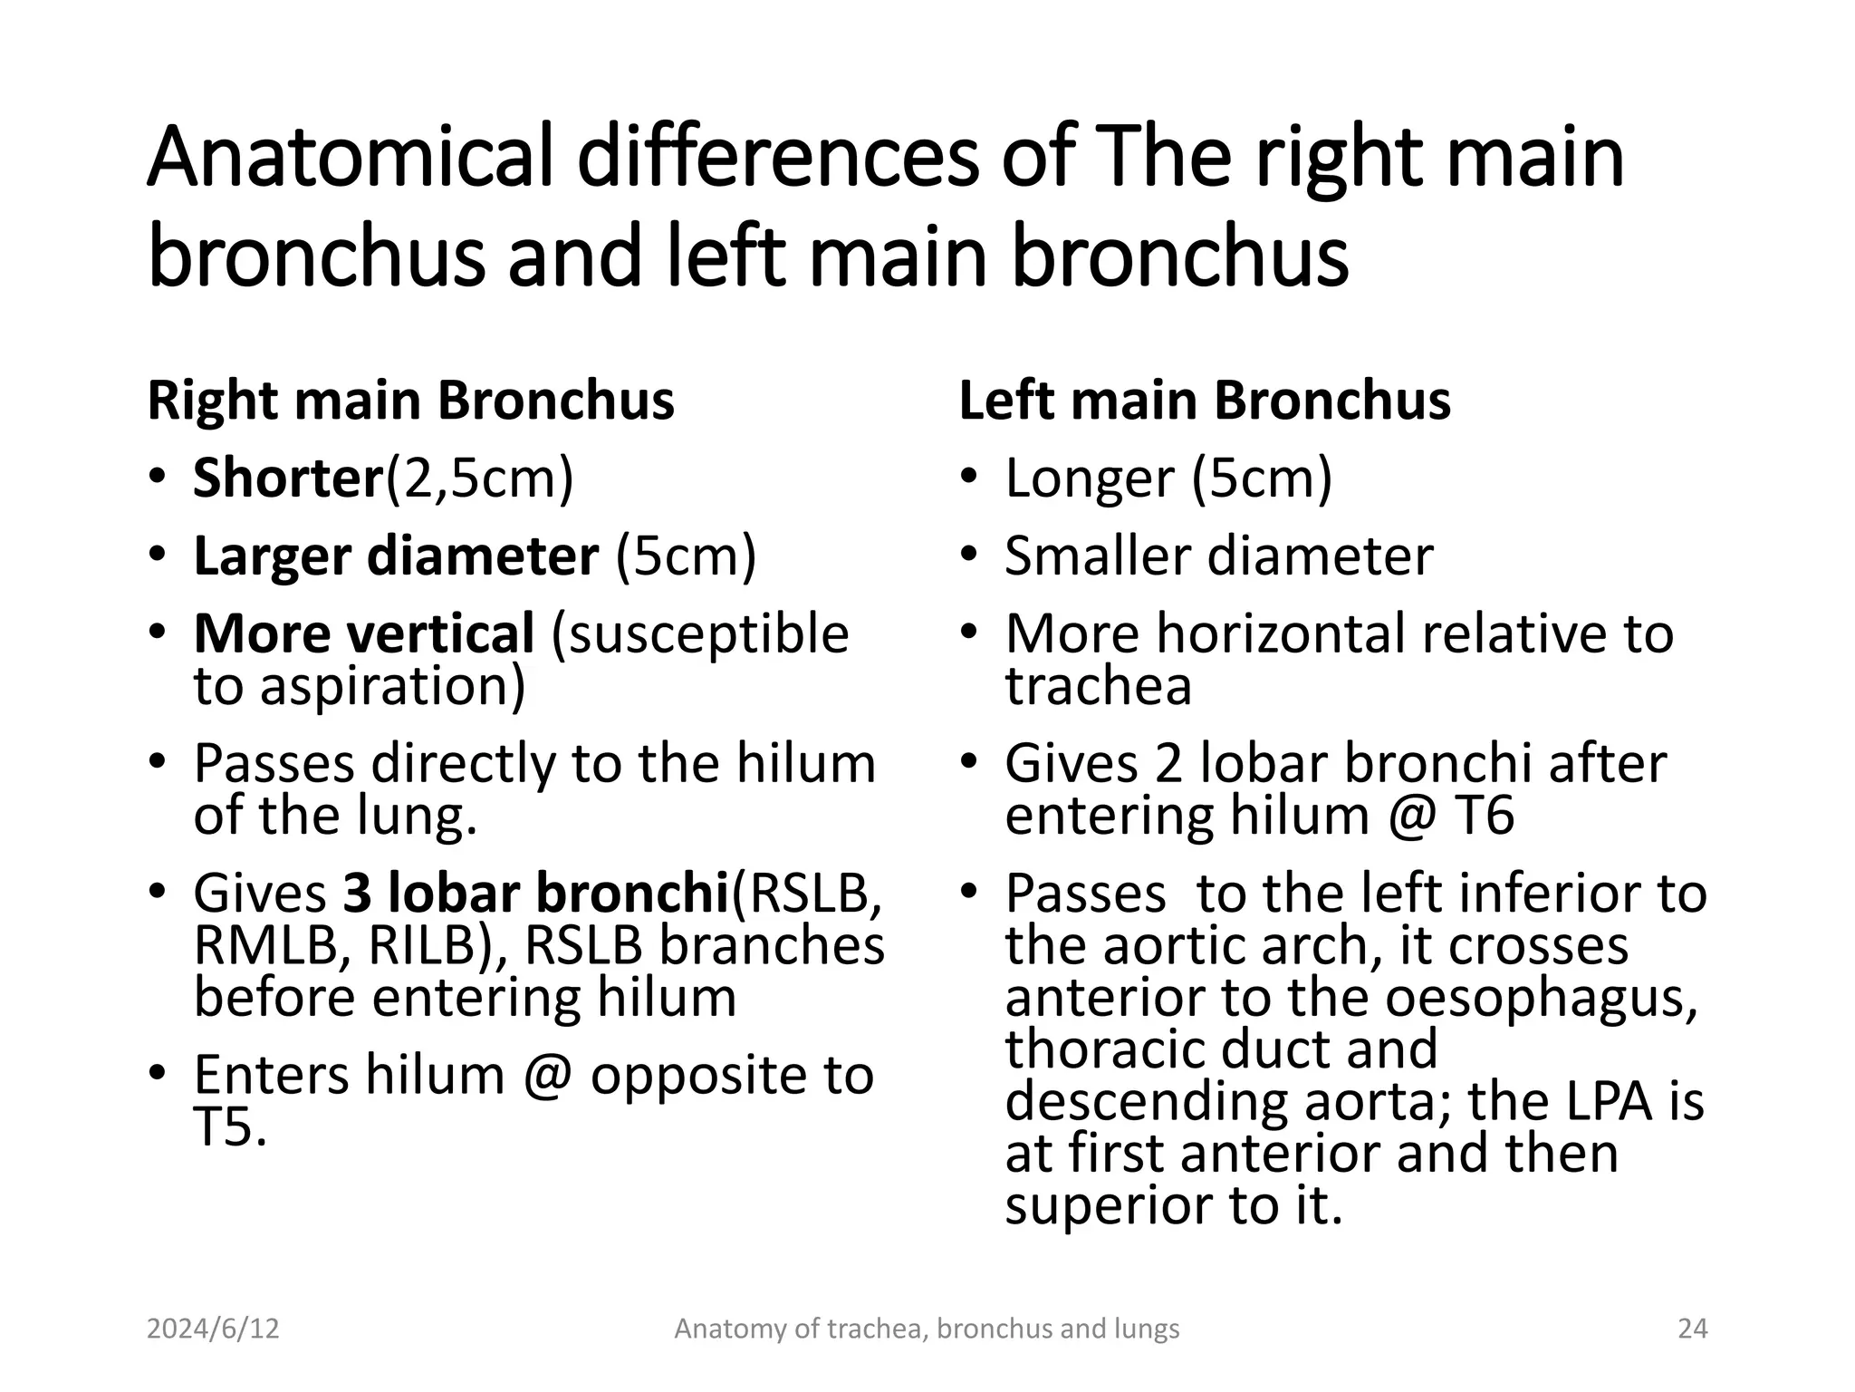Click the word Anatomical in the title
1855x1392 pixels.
pos(350,158)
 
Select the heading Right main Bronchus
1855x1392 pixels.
pos(410,401)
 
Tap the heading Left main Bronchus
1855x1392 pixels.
pos(1204,401)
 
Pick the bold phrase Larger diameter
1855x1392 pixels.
pos(396,556)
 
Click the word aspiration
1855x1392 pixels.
pos(392,685)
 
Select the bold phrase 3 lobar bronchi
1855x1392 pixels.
pos(535,893)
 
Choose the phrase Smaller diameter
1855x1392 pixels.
pos(1218,556)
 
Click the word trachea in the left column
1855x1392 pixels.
pos(1098,685)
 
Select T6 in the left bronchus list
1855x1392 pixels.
pos(1484,815)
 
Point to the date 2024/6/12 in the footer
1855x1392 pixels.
pos(213,1329)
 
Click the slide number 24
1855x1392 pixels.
pos(1692,1329)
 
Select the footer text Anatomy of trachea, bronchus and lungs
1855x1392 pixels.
pos(927,1329)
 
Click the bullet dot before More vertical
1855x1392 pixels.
pos(158,631)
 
